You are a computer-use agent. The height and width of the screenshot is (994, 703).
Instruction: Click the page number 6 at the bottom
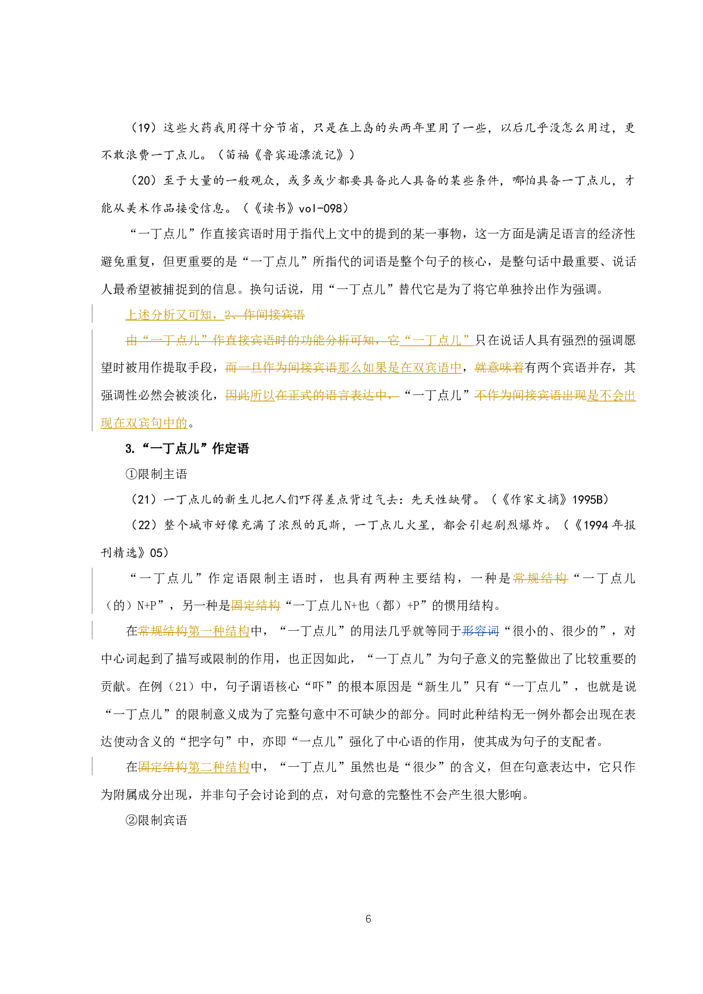(x=369, y=919)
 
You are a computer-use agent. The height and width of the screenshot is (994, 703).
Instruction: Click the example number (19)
(x=143, y=128)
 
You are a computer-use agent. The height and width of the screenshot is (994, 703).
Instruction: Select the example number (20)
(x=143, y=181)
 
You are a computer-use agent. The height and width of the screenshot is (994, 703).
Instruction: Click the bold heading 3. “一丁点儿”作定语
(x=187, y=449)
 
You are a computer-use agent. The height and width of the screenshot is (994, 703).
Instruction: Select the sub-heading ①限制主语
(x=156, y=474)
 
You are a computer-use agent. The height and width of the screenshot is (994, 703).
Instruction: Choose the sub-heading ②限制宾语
(x=156, y=820)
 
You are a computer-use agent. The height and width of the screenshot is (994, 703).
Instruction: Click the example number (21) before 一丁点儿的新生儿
(x=143, y=500)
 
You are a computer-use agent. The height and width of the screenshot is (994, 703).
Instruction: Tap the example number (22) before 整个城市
(x=143, y=525)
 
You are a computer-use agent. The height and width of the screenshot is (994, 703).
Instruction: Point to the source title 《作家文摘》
(x=535, y=500)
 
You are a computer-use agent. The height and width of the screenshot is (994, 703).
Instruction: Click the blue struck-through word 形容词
(x=481, y=631)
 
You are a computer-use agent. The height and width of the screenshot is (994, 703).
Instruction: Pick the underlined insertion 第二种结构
(x=219, y=767)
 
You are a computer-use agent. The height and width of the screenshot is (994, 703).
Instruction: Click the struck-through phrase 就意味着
(x=499, y=368)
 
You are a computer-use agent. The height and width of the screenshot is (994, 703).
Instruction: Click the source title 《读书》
(x=274, y=209)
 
